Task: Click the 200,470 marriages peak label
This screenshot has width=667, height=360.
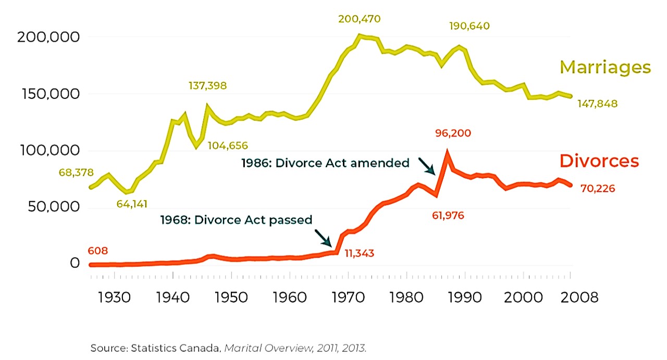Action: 360,19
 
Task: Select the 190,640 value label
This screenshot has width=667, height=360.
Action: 470,26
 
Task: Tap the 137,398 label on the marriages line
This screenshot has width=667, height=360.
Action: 207,85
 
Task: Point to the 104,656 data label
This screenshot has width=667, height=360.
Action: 228,145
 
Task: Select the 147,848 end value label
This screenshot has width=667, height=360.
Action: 597,104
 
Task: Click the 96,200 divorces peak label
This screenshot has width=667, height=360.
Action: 453,133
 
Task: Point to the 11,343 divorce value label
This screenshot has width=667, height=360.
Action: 360,253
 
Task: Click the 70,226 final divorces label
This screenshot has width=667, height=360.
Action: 597,188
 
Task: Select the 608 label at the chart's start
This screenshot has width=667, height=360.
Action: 98,251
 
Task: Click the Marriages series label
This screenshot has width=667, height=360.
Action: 605,67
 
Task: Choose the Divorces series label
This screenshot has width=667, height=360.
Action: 599,161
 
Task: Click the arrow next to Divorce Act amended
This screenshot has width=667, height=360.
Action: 426,165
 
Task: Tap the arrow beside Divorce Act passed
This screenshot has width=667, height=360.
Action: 324,238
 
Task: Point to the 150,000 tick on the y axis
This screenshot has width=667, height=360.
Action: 51,94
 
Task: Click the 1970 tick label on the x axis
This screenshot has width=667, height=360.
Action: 345,297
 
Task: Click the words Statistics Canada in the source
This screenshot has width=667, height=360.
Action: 184,347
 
